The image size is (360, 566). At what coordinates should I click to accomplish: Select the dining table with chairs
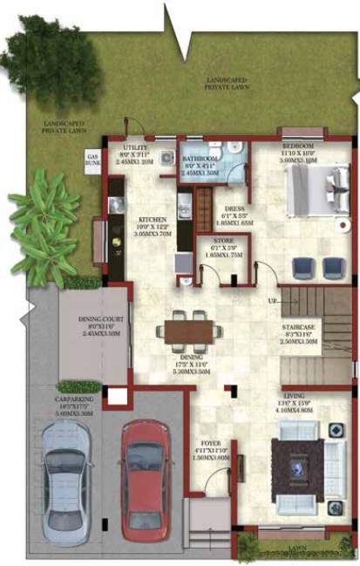[189, 331]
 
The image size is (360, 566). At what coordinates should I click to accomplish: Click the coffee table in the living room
[297, 467]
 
